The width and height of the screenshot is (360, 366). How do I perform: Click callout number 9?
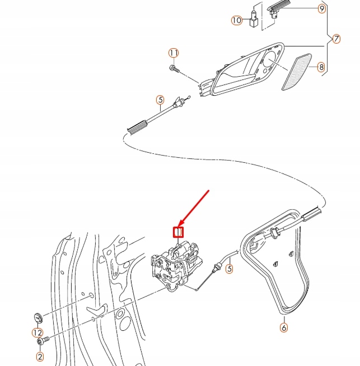pos(321,9)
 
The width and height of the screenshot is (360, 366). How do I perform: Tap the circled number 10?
pos(237,20)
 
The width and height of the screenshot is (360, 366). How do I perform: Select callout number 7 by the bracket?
pos(336,39)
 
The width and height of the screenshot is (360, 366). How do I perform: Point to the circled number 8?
pos(321,68)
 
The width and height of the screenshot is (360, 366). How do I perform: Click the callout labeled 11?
pos(174,53)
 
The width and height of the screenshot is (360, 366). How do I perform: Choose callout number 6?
pos(283,327)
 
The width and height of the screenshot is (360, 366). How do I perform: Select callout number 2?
pos(40,356)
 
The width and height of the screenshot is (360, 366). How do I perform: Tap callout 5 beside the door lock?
pos(229,270)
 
